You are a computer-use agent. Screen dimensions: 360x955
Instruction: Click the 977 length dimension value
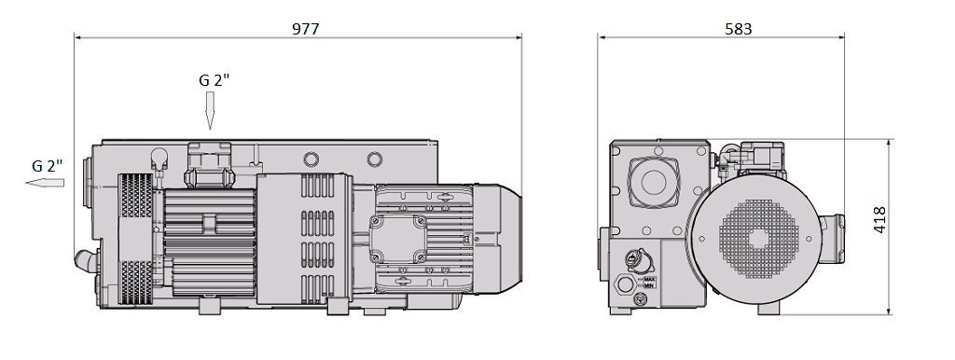pos(305,28)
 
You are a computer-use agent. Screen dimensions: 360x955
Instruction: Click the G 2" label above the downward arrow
pos(214,80)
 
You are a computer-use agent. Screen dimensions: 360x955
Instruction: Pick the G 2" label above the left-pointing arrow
pos(47,165)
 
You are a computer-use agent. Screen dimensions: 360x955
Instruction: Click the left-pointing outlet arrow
pos(45,183)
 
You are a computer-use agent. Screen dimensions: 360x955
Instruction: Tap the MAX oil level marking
pos(650,278)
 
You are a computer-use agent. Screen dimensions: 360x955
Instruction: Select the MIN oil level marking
pos(650,285)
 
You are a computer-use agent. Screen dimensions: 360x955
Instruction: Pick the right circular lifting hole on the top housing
pos(374,158)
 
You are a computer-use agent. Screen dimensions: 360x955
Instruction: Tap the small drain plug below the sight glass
pos(639,300)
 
